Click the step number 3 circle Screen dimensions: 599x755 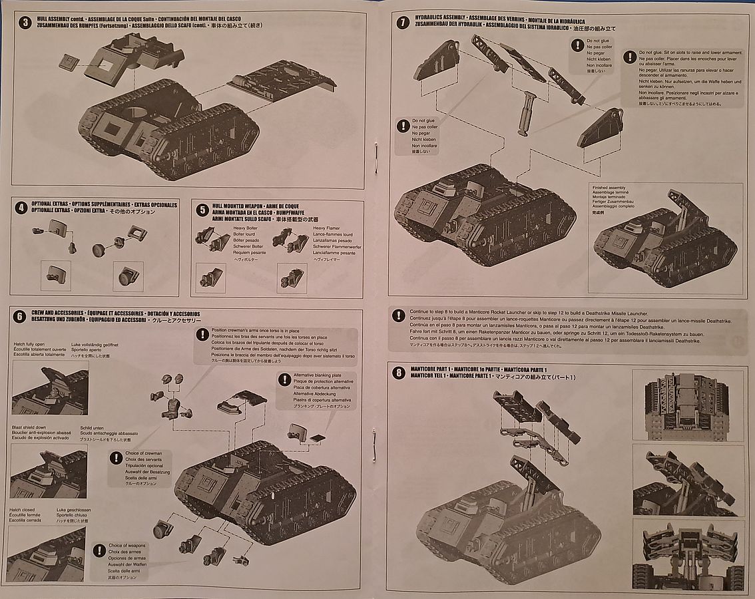(25, 22)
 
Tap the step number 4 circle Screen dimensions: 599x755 (22, 208)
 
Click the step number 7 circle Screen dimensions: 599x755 (401, 22)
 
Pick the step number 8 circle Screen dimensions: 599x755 (399, 373)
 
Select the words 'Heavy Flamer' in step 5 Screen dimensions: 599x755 (326, 228)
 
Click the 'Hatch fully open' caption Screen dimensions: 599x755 (27, 345)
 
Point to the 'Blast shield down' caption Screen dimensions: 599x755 (29, 427)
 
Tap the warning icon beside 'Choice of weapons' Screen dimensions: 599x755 (99, 550)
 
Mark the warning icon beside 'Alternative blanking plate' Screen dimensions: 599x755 (282, 379)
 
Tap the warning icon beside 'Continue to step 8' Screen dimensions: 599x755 (398, 315)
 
